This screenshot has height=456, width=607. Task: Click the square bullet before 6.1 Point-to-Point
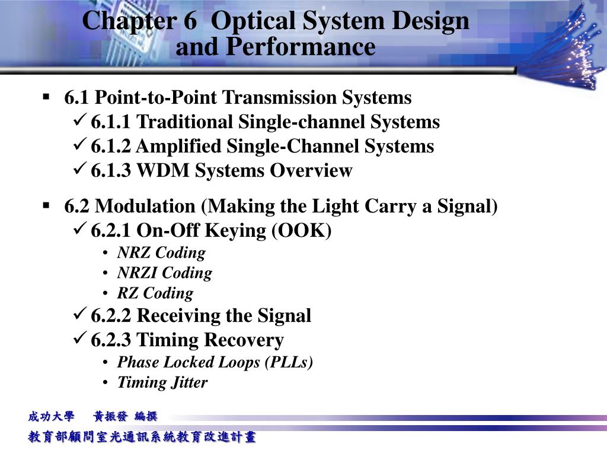(x=46, y=96)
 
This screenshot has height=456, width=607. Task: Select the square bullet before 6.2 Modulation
(x=46, y=205)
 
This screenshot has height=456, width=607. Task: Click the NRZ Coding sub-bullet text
(x=161, y=253)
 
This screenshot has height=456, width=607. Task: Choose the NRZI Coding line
(x=164, y=273)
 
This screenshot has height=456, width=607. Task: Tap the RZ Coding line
(x=155, y=293)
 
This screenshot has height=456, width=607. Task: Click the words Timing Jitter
(x=162, y=382)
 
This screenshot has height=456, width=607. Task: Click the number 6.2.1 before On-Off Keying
(x=111, y=231)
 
